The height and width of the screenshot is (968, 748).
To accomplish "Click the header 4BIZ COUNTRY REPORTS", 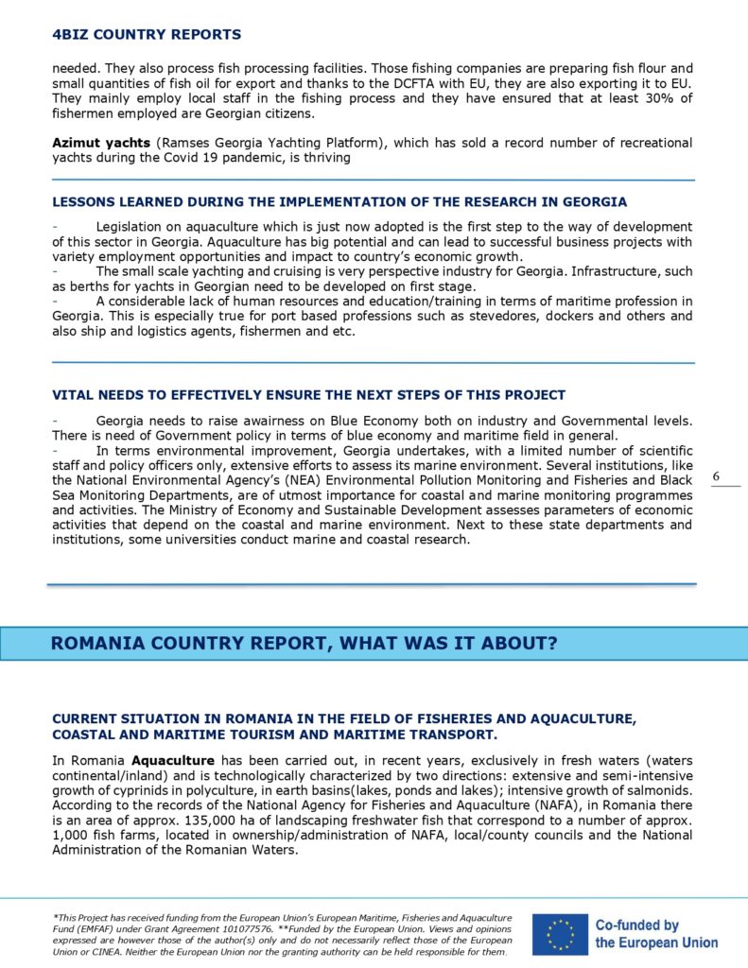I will pos(147,35).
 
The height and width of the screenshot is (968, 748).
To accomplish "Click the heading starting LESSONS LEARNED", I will pos(339,202).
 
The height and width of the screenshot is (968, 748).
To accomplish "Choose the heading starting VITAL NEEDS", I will pos(308,394).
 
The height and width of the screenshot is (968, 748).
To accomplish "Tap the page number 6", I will pos(716,477).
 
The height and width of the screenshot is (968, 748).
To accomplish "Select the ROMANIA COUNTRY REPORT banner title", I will pos(304,644).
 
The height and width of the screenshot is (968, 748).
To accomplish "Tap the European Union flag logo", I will pos(560,933).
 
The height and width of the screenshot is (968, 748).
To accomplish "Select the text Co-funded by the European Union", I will pos(655,934).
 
